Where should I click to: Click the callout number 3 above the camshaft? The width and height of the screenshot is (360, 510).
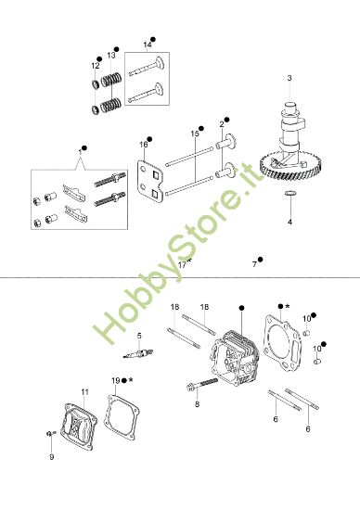(x=289, y=77)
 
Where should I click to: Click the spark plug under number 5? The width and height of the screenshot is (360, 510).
(x=139, y=356)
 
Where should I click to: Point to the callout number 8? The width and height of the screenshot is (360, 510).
(x=197, y=404)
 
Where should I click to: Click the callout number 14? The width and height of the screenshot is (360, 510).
(x=147, y=44)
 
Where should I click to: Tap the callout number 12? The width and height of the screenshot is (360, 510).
(x=95, y=66)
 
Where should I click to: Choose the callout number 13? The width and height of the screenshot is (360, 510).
(x=110, y=55)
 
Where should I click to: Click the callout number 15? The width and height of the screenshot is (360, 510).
(x=195, y=134)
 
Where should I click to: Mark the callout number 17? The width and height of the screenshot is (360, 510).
(x=182, y=264)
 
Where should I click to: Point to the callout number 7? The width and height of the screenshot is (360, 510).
(x=254, y=264)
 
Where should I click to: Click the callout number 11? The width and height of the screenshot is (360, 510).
(x=84, y=392)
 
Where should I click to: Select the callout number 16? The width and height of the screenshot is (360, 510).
(x=144, y=145)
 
